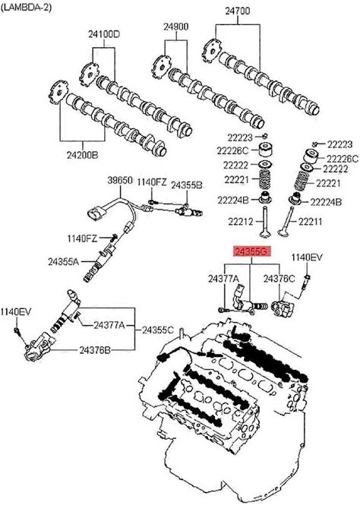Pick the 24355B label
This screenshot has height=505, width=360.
186,185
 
